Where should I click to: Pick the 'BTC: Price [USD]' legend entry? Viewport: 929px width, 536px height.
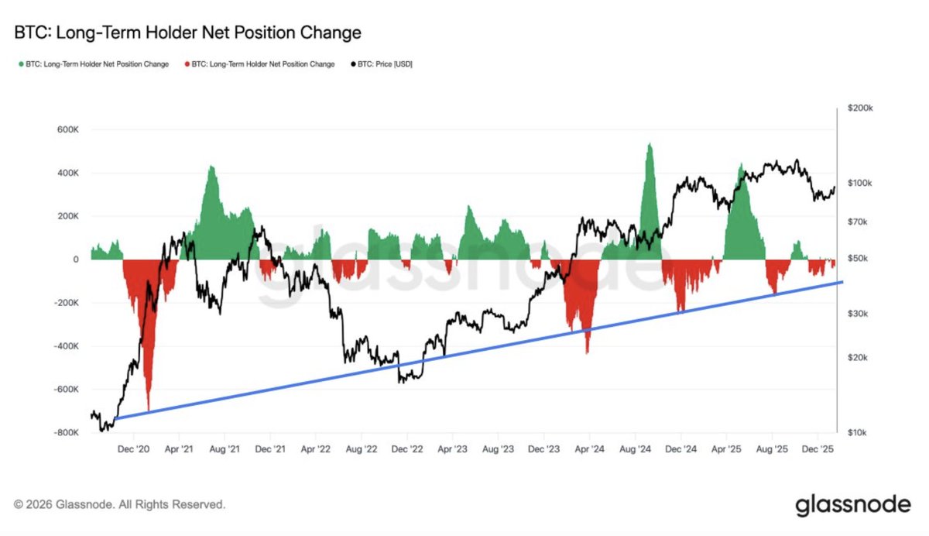click(x=384, y=64)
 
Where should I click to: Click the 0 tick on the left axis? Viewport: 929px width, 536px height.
click(x=75, y=259)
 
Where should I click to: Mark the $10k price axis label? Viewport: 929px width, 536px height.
click(x=859, y=432)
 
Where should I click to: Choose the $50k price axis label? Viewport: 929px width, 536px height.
click(x=859, y=258)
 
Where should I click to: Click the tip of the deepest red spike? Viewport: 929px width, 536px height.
click(x=147, y=411)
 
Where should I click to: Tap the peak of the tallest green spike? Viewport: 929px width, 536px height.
click(x=649, y=143)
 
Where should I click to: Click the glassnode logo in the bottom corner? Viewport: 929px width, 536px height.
click(x=853, y=505)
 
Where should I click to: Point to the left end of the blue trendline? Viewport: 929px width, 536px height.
click(x=115, y=419)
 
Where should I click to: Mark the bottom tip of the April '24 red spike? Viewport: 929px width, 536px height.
click(x=587, y=354)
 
